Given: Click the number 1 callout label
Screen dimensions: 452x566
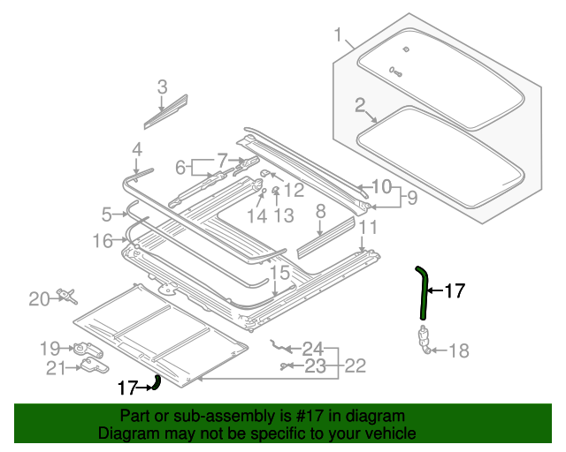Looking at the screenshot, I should [x=338, y=35].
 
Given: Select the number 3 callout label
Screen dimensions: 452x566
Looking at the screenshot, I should [x=162, y=87].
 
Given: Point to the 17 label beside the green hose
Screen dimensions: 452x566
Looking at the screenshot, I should [x=454, y=290].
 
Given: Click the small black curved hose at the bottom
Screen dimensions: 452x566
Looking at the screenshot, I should [x=157, y=381].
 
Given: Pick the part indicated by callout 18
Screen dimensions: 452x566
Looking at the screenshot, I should [x=423, y=338].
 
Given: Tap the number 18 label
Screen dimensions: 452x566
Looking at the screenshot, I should [x=459, y=351].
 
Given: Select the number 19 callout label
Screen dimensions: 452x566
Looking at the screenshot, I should [x=50, y=347].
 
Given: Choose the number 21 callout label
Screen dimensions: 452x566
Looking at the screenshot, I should [x=56, y=367].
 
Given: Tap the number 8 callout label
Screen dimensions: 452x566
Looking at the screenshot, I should [x=321, y=211].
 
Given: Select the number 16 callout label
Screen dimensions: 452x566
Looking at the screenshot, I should [x=103, y=241].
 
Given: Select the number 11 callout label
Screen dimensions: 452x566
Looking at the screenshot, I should [x=368, y=228].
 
